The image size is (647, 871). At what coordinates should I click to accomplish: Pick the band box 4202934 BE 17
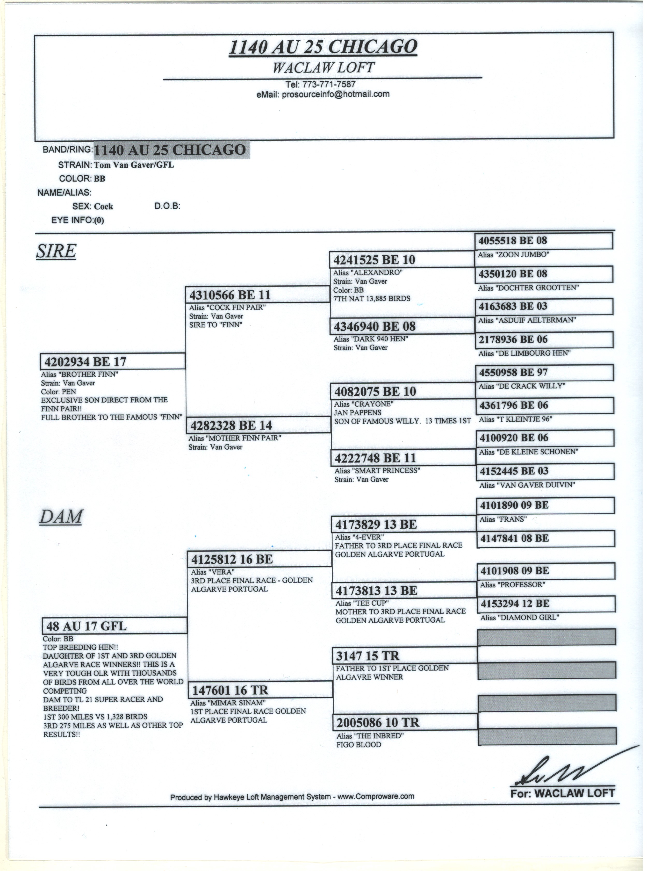[113, 361]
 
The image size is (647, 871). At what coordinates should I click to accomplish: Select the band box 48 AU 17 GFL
[114, 626]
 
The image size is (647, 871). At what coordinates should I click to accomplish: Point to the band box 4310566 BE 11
[257, 294]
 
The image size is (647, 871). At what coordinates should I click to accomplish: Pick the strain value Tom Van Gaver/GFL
[134, 165]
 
